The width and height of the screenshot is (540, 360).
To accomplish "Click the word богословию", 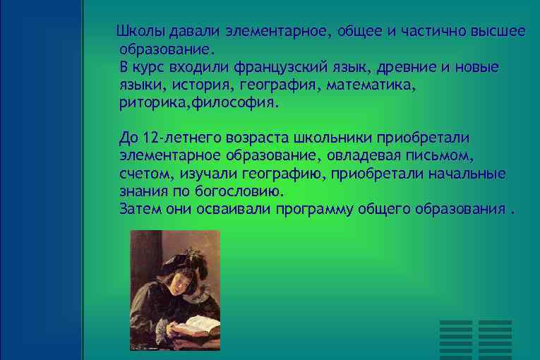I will [242, 191].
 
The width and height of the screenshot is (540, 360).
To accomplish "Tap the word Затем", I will [141, 209].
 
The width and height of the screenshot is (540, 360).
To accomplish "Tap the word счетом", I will [143, 173].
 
